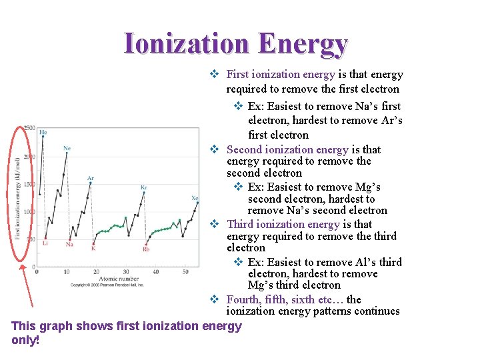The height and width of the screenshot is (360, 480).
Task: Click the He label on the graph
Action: click(x=43, y=132)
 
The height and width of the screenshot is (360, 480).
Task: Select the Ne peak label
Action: click(x=67, y=148)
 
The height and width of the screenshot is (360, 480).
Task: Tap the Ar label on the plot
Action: click(x=90, y=178)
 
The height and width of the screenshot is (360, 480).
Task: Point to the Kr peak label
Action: click(x=143, y=187)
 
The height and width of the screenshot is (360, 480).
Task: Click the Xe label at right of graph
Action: click(x=195, y=198)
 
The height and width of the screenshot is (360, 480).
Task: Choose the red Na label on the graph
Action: click(x=69, y=245)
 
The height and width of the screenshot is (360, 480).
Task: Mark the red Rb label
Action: click(x=146, y=249)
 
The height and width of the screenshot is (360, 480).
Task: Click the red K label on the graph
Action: click(x=93, y=249)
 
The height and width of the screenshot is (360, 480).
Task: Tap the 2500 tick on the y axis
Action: click(x=29, y=128)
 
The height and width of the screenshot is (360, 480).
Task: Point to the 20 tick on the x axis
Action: click(x=97, y=272)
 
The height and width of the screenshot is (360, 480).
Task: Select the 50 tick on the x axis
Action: click(x=186, y=272)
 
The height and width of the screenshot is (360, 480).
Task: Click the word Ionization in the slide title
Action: click(x=186, y=43)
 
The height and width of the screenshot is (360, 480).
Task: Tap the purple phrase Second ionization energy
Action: click(x=287, y=149)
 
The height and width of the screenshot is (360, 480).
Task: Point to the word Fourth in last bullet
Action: click(x=244, y=299)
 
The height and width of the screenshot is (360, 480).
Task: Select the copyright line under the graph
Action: click(x=117, y=285)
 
